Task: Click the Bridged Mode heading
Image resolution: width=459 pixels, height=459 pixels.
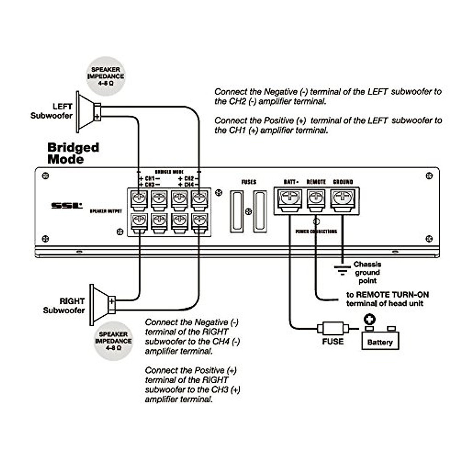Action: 73,153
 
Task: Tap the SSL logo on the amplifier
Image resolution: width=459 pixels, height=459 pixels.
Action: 67,206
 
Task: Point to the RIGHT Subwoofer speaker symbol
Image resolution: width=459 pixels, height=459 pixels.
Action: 101,305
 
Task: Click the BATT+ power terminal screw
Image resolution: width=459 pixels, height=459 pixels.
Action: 290,198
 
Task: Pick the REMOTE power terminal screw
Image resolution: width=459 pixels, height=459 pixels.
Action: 316,198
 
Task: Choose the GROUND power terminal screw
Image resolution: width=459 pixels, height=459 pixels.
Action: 343,198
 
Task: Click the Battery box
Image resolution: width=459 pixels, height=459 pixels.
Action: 380,340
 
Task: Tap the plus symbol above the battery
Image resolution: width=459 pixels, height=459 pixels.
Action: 369,319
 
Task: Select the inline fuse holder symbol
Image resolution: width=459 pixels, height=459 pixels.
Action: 332,328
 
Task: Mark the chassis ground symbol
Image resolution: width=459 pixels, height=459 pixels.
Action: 342,270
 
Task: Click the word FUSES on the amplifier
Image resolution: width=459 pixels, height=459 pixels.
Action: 249,182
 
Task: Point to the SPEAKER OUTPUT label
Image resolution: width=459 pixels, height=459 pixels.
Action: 106,211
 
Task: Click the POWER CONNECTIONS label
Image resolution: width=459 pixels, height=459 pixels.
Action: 316,231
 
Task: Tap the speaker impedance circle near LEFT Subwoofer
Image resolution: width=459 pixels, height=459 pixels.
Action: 106,76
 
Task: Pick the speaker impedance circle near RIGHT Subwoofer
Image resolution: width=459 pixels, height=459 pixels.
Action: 113,341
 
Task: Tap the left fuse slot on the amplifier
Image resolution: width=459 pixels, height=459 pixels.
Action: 237,212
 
